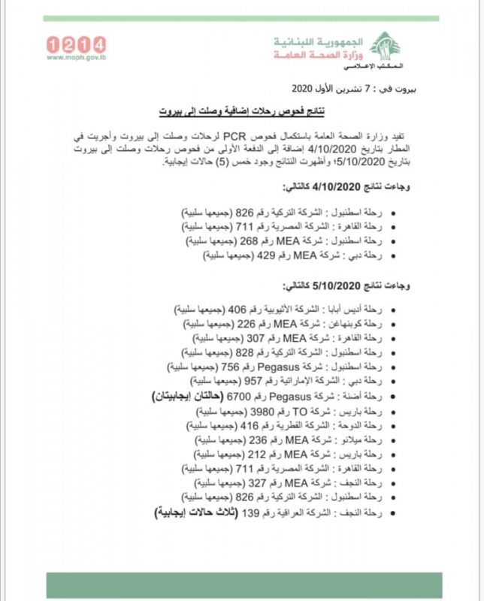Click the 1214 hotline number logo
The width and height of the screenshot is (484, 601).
point(76,44)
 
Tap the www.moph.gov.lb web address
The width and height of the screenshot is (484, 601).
point(75,58)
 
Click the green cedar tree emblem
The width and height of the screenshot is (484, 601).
point(386,47)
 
